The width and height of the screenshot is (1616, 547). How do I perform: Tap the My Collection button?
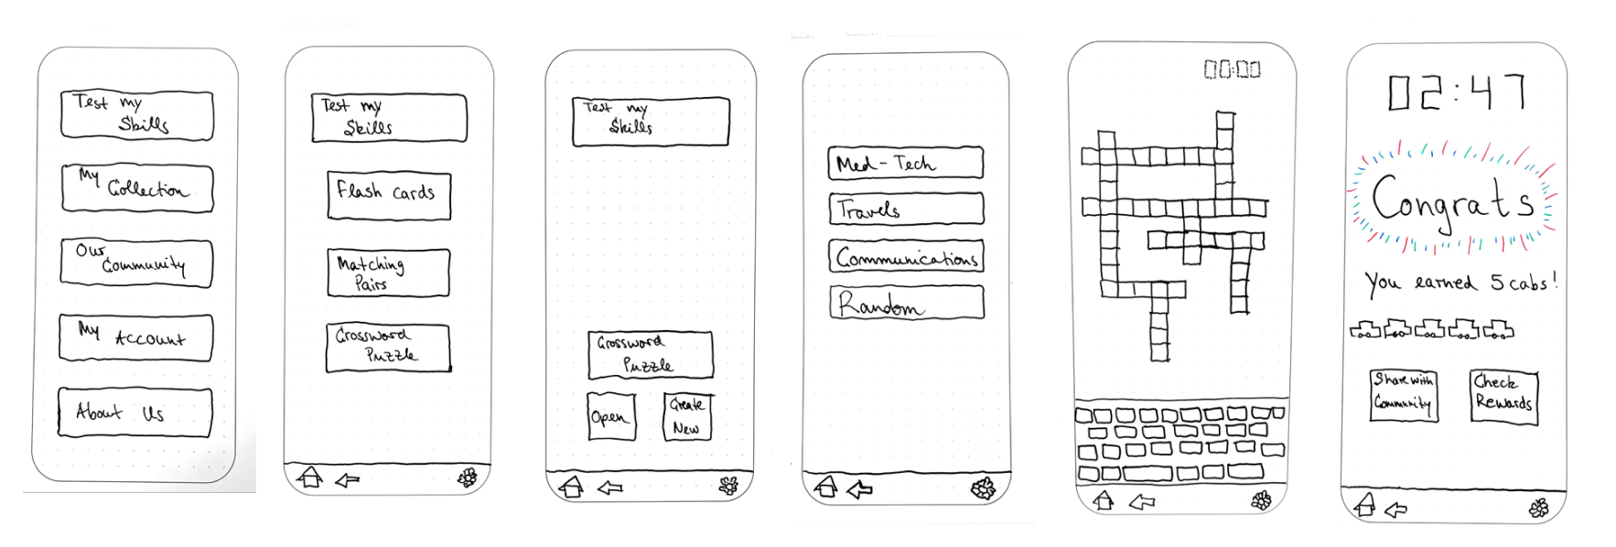[x=137, y=188]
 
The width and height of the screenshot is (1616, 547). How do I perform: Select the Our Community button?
[x=136, y=263]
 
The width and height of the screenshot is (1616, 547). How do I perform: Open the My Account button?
[x=135, y=338]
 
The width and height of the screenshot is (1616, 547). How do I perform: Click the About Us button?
[x=135, y=413]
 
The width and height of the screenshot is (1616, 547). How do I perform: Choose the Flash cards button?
[x=389, y=196]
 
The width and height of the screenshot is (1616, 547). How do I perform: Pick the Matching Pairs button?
[x=388, y=273]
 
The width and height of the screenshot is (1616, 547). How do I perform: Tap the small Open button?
[x=610, y=417]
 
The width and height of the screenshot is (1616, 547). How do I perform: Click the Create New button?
[x=687, y=416]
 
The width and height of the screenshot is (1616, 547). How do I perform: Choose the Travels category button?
[x=905, y=209]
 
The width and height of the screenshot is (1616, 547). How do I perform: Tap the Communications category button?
[x=906, y=257]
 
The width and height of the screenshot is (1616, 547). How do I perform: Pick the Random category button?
[x=906, y=303]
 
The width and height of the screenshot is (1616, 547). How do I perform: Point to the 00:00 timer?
[x=1232, y=70]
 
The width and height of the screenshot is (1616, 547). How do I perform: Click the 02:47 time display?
[x=1456, y=92]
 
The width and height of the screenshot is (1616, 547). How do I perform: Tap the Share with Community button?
[x=1403, y=394]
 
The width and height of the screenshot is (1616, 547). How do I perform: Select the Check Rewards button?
[x=1503, y=396]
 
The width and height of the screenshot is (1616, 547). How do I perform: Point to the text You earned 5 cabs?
[x=1459, y=283]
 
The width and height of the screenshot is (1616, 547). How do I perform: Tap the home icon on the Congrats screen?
[x=1364, y=505]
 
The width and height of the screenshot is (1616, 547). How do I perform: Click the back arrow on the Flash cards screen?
[x=347, y=479]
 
